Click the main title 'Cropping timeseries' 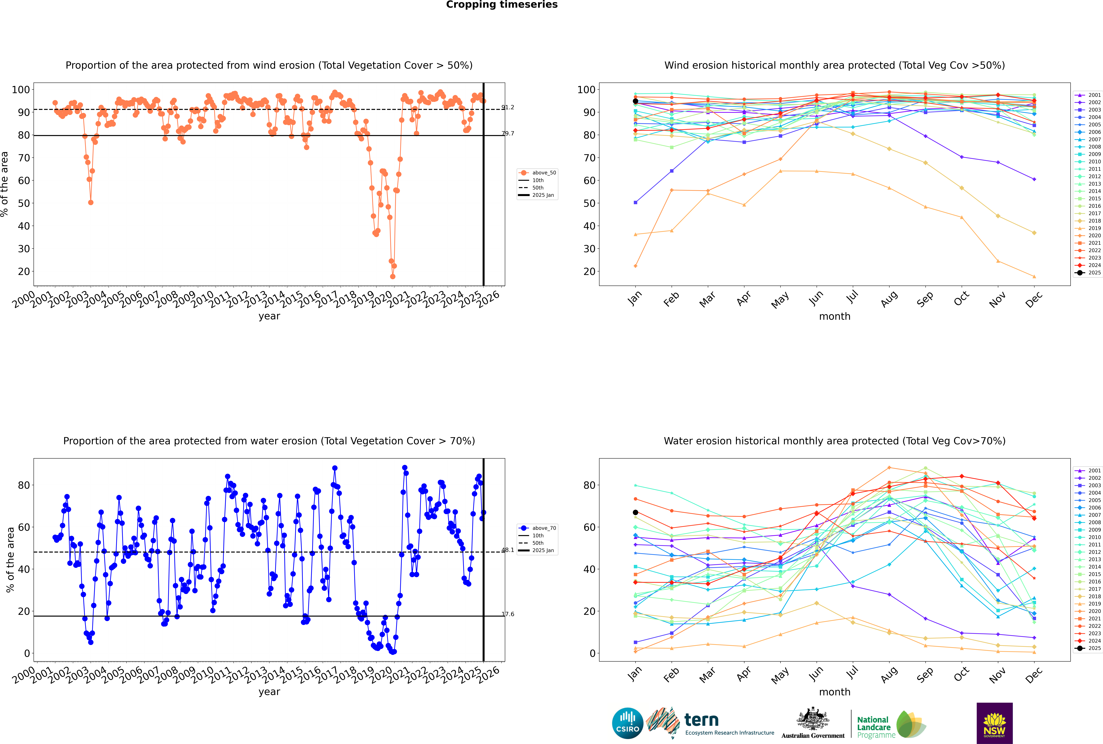(x=502, y=5)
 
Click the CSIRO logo (x=627, y=723)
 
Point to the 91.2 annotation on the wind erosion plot (x=508, y=107)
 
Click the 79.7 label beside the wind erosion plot (x=508, y=133)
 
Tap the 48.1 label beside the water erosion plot (x=508, y=550)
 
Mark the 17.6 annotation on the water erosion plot (x=508, y=614)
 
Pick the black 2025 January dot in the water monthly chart (x=635, y=512)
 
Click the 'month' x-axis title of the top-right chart (x=835, y=317)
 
